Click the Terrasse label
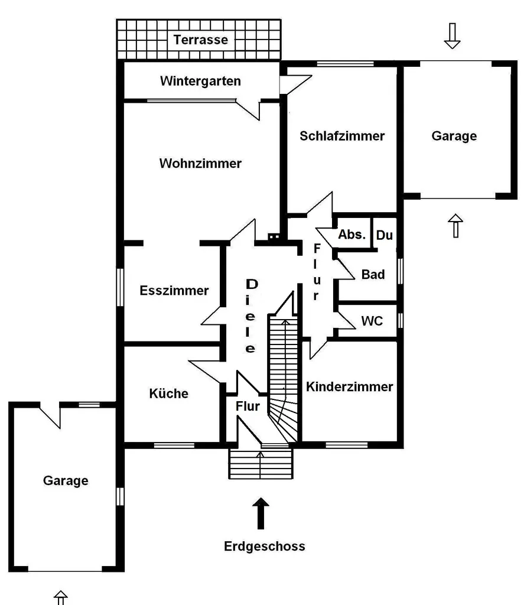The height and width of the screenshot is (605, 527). [x=201, y=40]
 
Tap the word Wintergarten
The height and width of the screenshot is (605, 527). [x=200, y=81]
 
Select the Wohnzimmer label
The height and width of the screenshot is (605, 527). [x=200, y=163]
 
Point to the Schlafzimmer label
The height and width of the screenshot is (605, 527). [x=342, y=136]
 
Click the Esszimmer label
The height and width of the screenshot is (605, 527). [x=174, y=290]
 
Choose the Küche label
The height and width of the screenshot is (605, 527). [x=168, y=393]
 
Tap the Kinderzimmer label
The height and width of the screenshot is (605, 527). [x=350, y=386]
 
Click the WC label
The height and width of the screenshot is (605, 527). [x=372, y=321]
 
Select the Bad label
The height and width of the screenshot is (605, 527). [x=373, y=274]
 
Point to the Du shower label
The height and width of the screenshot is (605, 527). [x=384, y=235]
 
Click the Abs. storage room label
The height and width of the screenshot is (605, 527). [x=352, y=234]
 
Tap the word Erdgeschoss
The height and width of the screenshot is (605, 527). [x=265, y=546]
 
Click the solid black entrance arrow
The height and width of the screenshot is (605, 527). [x=261, y=513]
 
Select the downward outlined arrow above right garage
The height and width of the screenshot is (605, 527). [x=452, y=36]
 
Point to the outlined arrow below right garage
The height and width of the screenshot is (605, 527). [x=456, y=226]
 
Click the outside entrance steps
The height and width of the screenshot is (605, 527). [x=261, y=464]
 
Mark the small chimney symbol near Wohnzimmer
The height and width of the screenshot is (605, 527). [x=274, y=236]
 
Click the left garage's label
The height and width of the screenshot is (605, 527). [x=66, y=480]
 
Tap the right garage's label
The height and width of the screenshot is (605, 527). [x=454, y=136]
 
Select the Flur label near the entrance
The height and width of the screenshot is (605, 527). [x=248, y=406]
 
